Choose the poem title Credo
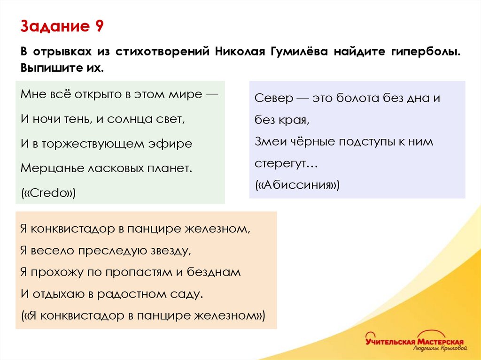click(x=49, y=193)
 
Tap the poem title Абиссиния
click(x=297, y=185)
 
